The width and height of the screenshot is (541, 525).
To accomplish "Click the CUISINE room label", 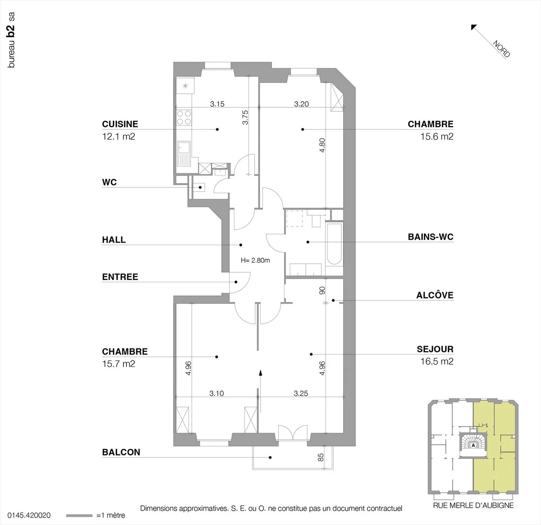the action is pos(120,124).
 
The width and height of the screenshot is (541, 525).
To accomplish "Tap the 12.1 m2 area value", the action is pos(119,137).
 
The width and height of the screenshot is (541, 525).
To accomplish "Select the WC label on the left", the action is pos(109,182).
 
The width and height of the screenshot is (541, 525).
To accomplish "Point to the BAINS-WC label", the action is pos(431,237).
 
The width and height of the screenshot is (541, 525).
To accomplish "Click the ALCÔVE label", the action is pos(435,295).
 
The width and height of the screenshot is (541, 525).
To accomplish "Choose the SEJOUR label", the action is pos(435,349).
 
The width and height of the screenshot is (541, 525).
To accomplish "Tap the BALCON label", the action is pos(121,452).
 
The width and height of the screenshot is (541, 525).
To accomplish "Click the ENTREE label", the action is pos(120,277).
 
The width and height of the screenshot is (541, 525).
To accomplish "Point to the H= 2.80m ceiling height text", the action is pos(255,260).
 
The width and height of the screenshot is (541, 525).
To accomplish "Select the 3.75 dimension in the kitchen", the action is pos(245,117).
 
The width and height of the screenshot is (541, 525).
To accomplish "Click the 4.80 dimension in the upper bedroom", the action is pos(322,145).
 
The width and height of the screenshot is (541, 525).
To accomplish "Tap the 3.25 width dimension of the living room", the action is pos(301,393).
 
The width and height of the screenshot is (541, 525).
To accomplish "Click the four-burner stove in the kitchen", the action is pos(184,117).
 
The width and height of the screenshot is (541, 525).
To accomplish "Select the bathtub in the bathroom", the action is pos(334,244).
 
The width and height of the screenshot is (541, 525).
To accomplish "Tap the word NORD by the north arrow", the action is pos(502,49).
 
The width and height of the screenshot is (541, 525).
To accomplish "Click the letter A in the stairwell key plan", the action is pos(473,445).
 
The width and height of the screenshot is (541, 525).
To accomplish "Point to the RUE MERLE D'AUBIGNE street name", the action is pos(473,505).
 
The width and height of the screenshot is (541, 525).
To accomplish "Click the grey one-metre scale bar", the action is pos(79,516).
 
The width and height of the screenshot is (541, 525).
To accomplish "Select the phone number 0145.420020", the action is pos(29,516).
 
